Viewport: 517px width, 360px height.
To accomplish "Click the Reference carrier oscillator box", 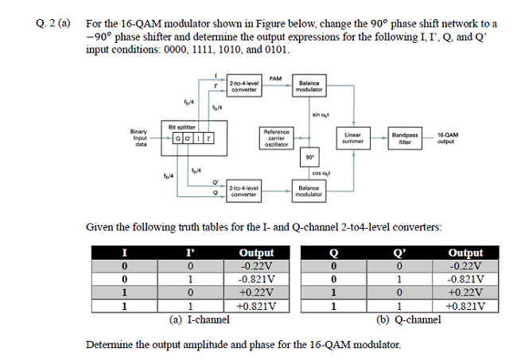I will tap(277, 137).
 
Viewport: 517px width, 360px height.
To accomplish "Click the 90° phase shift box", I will tap(309, 157).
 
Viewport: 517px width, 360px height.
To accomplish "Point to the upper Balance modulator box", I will tap(309, 87).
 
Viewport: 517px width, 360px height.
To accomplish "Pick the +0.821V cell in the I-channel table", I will tap(256, 304).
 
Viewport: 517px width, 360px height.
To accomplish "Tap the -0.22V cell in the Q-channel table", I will tap(464, 266).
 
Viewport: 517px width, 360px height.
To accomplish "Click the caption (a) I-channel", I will tap(199, 319).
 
